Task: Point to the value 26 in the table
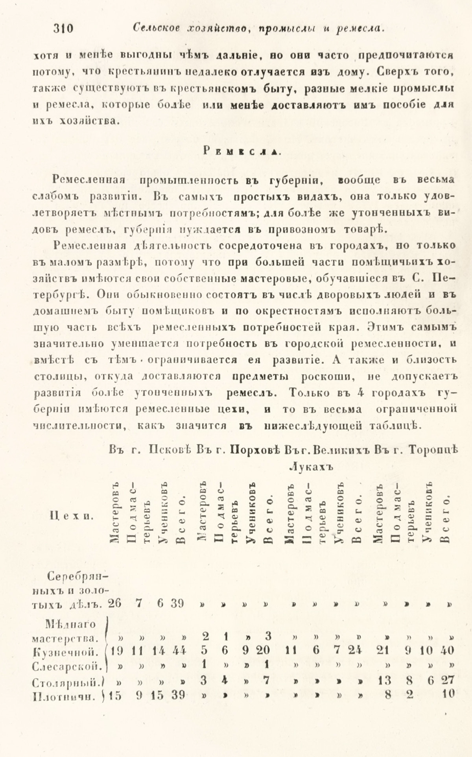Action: pyautogui.click(x=114, y=604)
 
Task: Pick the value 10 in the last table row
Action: pyautogui.click(x=446, y=694)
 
